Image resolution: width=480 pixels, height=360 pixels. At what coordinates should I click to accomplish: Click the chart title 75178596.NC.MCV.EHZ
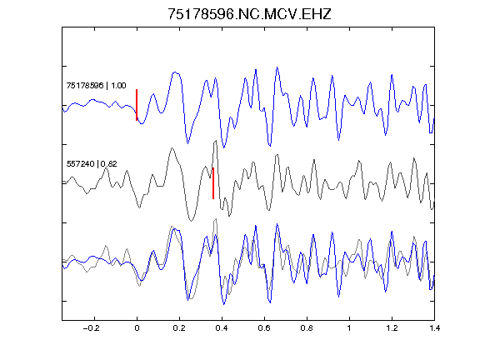pyautogui.click(x=249, y=14)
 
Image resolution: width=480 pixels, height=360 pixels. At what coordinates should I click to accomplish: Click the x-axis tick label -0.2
pyautogui.click(x=92, y=328)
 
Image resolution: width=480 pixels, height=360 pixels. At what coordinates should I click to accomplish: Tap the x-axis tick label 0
pyautogui.click(x=137, y=328)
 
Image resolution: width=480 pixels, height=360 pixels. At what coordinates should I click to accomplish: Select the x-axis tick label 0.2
pyautogui.click(x=179, y=328)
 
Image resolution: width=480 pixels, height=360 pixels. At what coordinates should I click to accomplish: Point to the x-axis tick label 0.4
pyautogui.click(x=222, y=328)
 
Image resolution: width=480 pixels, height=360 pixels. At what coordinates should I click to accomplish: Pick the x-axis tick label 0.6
pyautogui.click(x=264, y=328)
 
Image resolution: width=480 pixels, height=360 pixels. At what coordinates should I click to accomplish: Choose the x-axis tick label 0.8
pyautogui.click(x=307, y=328)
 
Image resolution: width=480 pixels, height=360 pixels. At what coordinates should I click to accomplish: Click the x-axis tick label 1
pyautogui.click(x=349, y=328)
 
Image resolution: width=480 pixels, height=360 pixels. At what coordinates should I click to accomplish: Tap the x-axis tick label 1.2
pyautogui.click(x=392, y=328)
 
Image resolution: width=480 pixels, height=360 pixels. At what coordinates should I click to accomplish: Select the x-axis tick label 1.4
pyautogui.click(x=434, y=328)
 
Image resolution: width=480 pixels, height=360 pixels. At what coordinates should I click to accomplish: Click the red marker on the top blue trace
pyautogui.click(x=137, y=105)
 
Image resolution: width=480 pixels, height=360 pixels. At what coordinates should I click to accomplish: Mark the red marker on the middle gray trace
pyautogui.click(x=213, y=183)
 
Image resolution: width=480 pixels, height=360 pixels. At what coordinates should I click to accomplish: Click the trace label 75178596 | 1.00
pyautogui.click(x=96, y=85)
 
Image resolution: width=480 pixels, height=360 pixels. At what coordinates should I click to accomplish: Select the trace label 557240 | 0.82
pyautogui.click(x=92, y=164)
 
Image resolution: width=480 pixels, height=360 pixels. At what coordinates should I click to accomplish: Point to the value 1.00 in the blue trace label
pyautogui.click(x=118, y=85)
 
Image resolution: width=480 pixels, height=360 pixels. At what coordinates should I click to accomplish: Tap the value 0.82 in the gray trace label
pyautogui.click(x=109, y=164)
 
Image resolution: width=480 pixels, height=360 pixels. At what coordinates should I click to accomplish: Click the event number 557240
pyautogui.click(x=80, y=164)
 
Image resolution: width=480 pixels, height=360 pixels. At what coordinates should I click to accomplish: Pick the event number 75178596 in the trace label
pyautogui.click(x=85, y=85)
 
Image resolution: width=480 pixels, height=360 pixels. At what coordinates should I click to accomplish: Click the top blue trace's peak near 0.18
pyautogui.click(x=175, y=72)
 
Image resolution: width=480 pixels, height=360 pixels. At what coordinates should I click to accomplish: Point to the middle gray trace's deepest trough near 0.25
pyautogui.click(x=191, y=221)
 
